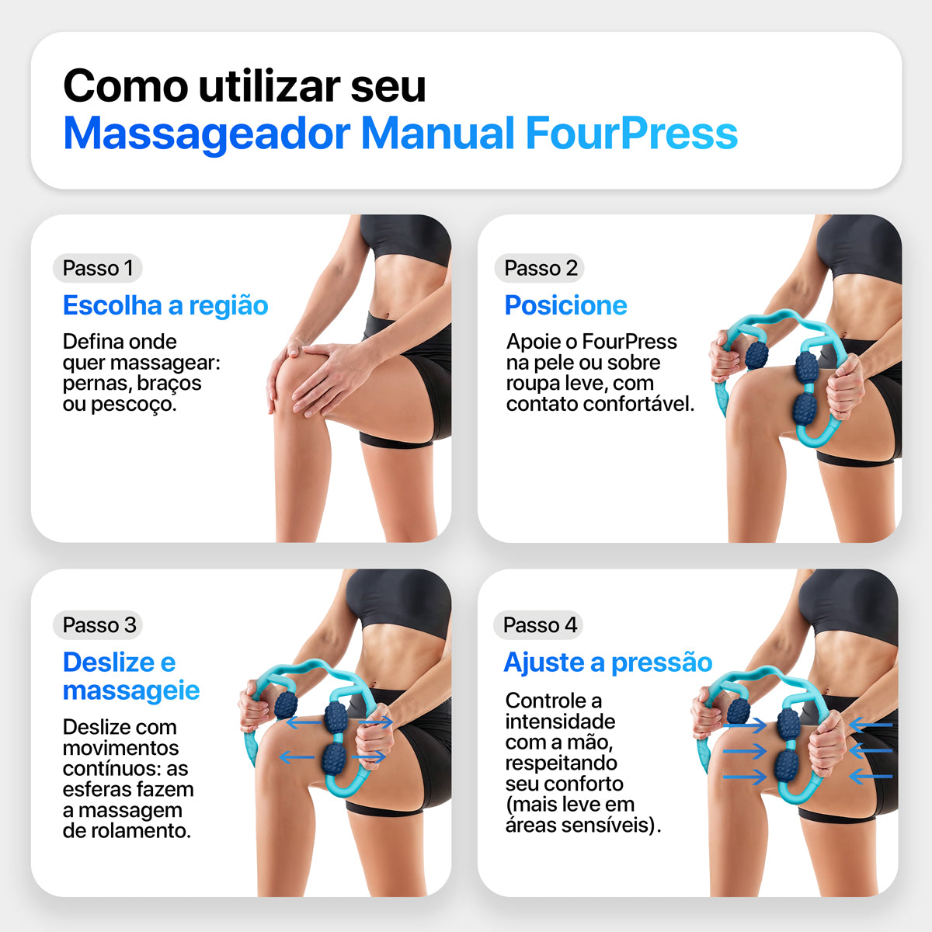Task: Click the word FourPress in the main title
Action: pyautogui.click(x=631, y=133)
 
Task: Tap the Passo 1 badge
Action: pyautogui.click(x=98, y=268)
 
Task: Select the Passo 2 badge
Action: pyautogui.click(x=541, y=268)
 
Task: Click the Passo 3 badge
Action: pyautogui.click(x=99, y=624)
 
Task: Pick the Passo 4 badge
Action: pyautogui.click(x=540, y=624)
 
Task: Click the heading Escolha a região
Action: pyautogui.click(x=165, y=305)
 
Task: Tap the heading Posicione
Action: pyautogui.click(x=565, y=305)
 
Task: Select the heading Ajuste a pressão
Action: pyautogui.click(x=607, y=662)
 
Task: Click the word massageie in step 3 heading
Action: pyautogui.click(x=131, y=690)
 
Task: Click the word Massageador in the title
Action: pyautogui.click(x=207, y=133)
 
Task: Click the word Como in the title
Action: pyautogui.click(x=125, y=85)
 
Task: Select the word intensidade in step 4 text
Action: pyautogui.click(x=560, y=721)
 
